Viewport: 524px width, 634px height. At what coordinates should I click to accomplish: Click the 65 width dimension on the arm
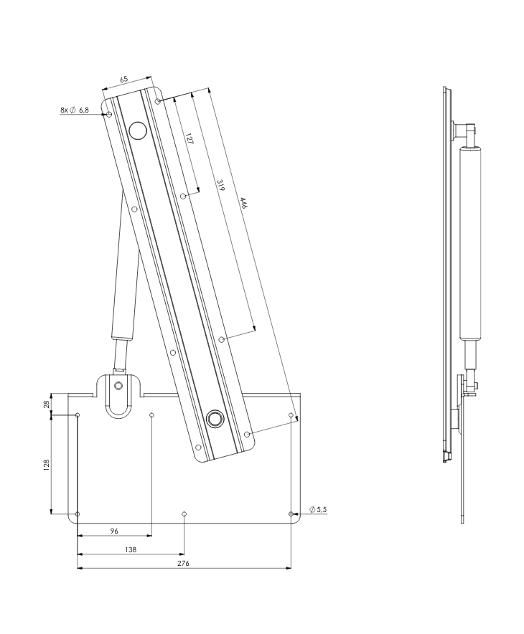pos(125,79)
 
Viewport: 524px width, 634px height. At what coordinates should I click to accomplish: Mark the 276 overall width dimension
pos(183,564)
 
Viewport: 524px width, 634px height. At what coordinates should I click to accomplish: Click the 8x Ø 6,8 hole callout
pos(75,110)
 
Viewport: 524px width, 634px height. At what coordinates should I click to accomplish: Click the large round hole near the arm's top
pos(136,131)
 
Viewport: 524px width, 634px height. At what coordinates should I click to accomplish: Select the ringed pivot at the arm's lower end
pos(214,420)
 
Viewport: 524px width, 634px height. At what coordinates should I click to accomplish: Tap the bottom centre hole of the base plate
pos(184,514)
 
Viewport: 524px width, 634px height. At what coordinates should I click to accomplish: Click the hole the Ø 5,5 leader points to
pos(290,514)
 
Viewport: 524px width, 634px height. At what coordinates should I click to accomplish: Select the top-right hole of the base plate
pos(291,415)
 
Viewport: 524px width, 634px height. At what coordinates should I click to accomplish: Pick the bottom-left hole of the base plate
pos(78,514)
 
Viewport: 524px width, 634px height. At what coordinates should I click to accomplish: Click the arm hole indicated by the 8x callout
pos(109,114)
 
